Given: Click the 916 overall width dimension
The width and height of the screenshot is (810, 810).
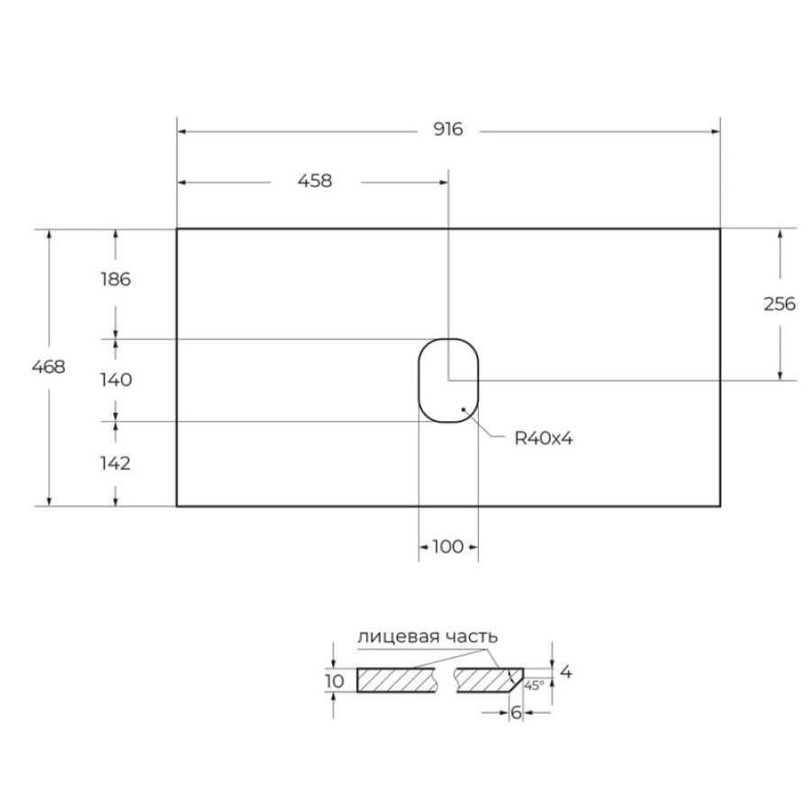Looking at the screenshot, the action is (448, 129).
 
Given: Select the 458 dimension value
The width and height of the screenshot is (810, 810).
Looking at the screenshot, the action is (315, 181).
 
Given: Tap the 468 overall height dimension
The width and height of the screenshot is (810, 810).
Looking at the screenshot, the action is (49, 367).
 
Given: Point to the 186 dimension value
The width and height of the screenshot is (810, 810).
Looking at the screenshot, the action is (116, 280).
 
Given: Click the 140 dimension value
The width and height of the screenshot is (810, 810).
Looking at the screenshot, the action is (116, 380).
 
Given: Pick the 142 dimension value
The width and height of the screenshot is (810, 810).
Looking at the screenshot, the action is (115, 463).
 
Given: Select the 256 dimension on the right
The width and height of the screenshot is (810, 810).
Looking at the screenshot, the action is (779, 304).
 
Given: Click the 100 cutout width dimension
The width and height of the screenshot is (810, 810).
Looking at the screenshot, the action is (447, 546).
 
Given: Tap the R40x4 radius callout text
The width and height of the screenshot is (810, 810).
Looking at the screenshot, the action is (544, 438).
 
